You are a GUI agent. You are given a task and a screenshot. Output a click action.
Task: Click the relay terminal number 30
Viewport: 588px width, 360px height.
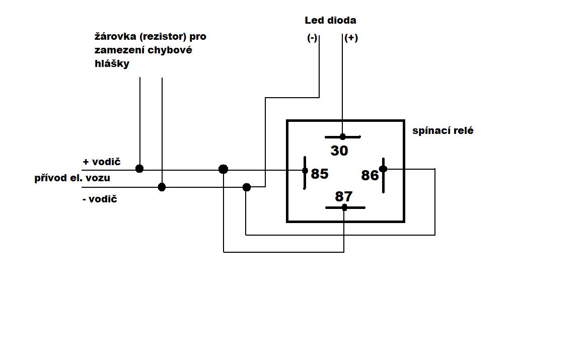[339, 151]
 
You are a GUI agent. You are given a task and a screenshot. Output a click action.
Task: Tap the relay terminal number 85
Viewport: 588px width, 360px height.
[320, 174]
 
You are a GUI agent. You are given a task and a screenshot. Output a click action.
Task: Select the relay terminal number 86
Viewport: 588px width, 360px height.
[370, 175]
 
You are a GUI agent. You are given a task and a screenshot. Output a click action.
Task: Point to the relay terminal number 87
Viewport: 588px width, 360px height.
[344, 196]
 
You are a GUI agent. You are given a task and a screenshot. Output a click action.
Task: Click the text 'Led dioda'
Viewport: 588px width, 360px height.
[330, 21]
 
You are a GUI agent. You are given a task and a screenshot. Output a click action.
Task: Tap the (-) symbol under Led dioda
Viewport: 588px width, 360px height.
[312, 38]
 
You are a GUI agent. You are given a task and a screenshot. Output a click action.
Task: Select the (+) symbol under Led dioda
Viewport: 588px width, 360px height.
[351, 38]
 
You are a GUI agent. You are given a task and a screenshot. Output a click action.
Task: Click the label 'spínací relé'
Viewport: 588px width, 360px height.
[443, 131]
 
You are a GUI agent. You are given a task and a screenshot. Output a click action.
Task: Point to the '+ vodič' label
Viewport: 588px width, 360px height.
[102, 162]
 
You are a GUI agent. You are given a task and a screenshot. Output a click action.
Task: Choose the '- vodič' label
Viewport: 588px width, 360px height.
[100, 199]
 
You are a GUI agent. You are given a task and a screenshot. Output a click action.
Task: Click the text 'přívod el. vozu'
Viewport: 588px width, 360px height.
[72, 178]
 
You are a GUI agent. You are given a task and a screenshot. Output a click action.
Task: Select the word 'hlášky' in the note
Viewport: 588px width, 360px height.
[112, 64]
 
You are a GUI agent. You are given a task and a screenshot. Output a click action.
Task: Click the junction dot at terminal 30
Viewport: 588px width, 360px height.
[343, 137]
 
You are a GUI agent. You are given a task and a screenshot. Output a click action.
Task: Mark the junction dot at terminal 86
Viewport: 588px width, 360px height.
[383, 169]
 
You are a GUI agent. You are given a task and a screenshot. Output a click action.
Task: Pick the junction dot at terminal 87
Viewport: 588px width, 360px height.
[344, 207]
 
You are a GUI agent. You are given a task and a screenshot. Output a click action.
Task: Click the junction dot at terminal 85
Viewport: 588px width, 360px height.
[305, 171]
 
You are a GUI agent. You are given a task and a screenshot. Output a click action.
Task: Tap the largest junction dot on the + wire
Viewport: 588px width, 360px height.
[224, 169]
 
